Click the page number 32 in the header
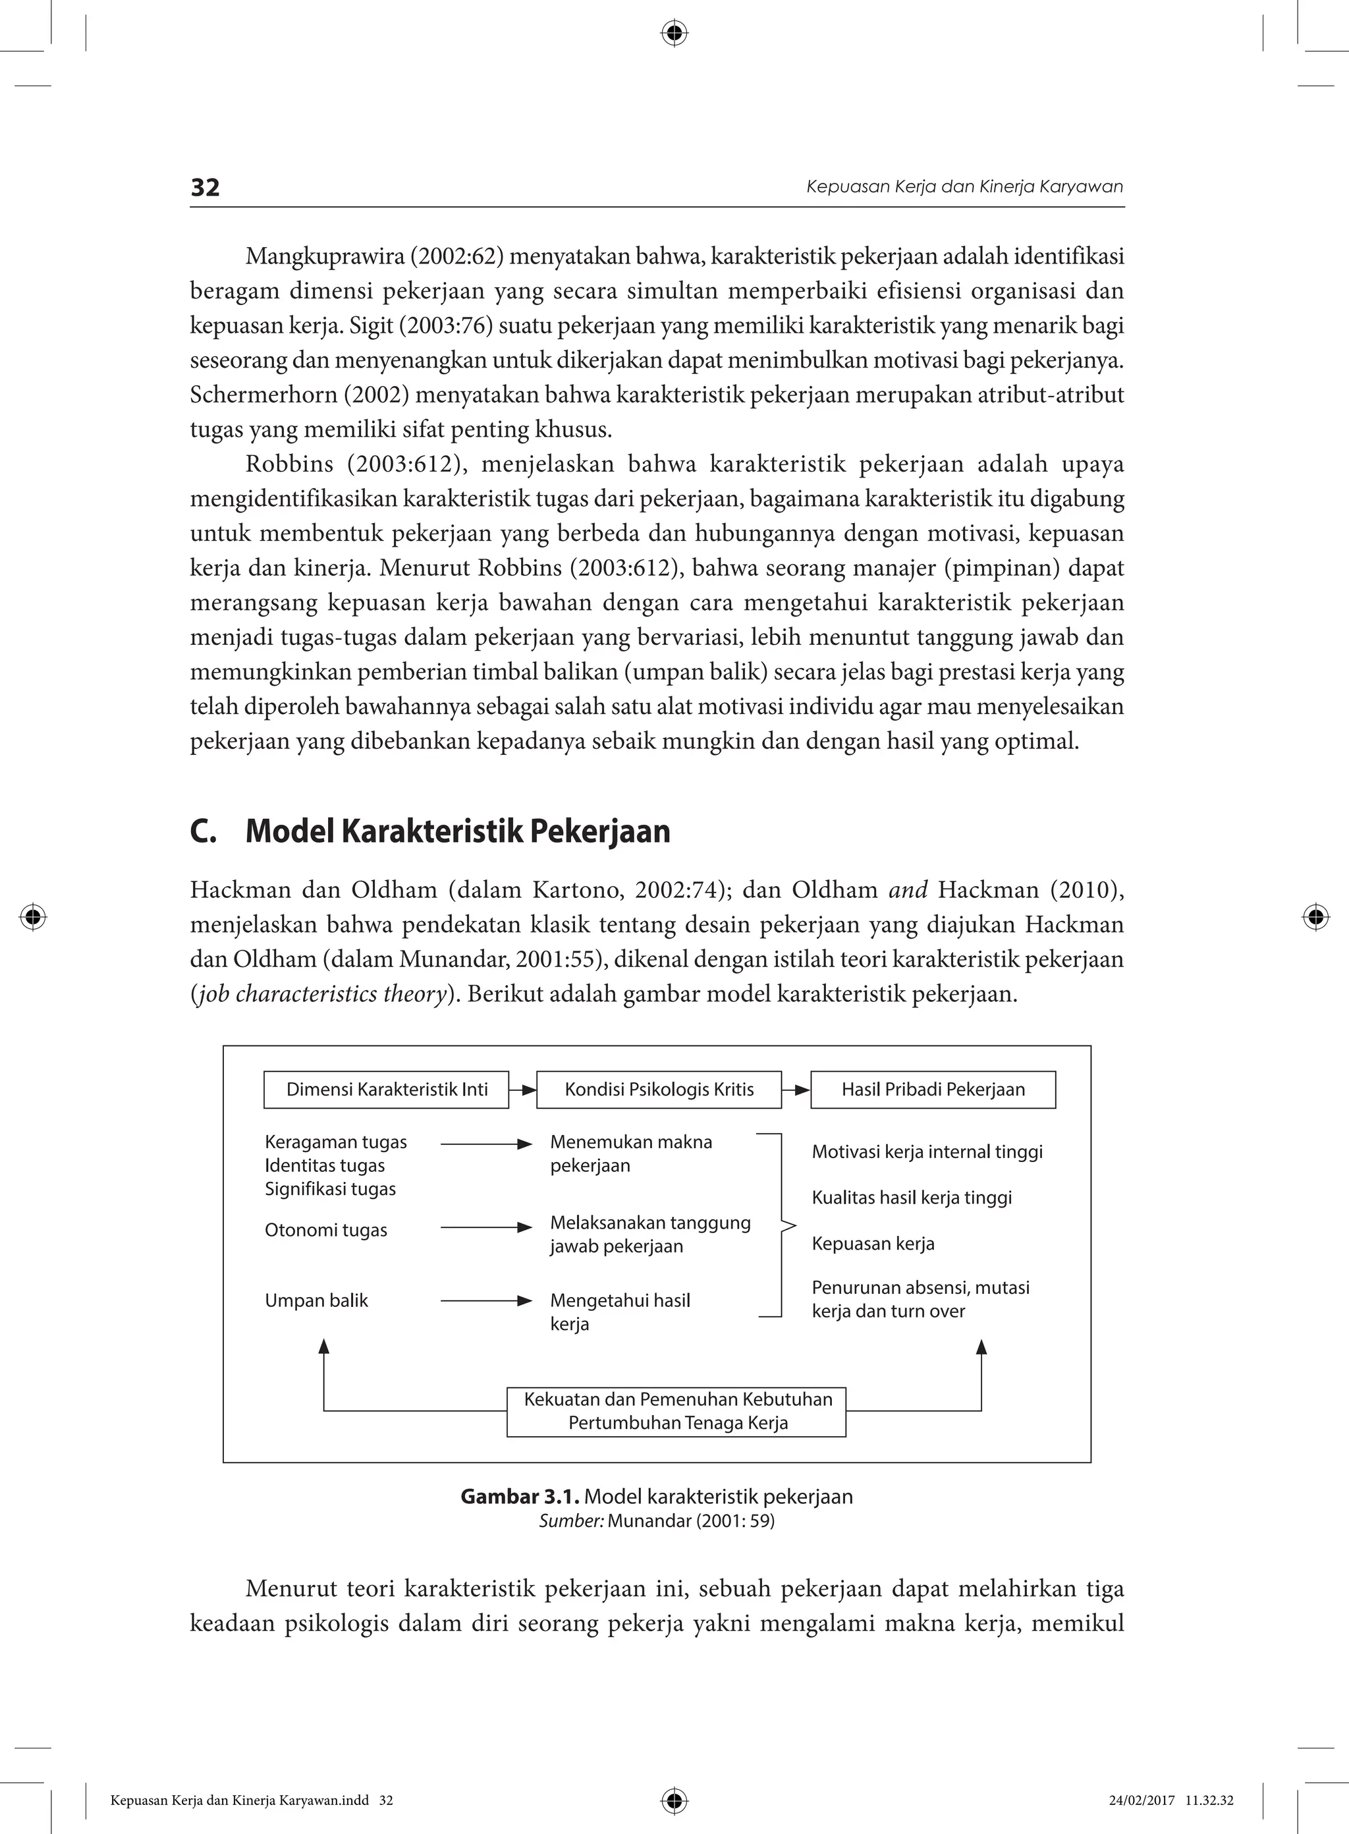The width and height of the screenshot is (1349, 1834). coord(205,188)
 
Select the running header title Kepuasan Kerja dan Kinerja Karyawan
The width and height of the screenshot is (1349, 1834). coord(964,187)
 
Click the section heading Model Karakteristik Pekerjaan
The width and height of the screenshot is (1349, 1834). coord(457,831)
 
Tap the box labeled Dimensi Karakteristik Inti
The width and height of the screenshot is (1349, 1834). coord(386,1090)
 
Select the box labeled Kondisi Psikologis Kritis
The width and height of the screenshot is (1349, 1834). coord(659,1090)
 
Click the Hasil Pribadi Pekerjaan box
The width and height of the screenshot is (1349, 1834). coord(933,1090)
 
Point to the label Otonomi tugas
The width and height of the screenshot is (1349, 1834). coord(326,1230)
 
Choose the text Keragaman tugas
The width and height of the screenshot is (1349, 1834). coord(336,1142)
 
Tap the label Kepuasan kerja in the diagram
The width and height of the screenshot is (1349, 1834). coord(873,1244)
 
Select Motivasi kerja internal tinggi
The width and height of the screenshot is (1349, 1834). coord(927,1152)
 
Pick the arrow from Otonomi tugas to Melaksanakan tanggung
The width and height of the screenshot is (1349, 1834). coord(486,1227)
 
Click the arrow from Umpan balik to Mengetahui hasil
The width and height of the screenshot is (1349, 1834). coord(486,1301)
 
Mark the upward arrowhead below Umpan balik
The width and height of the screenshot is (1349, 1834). coord(324,1347)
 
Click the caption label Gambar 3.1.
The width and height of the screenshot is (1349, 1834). coord(519,1497)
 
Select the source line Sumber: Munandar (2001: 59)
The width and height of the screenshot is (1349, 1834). coord(657,1520)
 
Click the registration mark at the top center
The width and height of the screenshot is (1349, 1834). coord(674,34)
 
